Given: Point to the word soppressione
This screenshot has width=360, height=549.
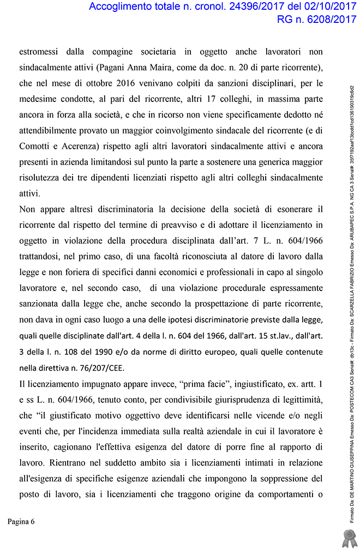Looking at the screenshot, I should [x=288, y=478].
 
